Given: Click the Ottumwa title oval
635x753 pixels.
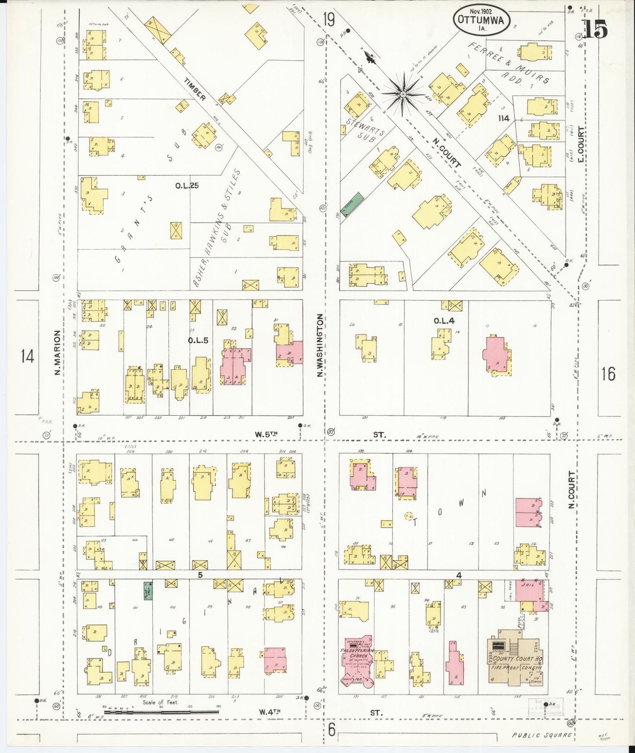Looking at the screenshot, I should pyautogui.click(x=483, y=20).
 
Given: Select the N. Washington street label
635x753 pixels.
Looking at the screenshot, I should pyautogui.click(x=321, y=345).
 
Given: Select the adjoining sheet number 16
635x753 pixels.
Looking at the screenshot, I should pyautogui.click(x=608, y=373).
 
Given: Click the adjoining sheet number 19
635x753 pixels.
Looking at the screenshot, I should pyautogui.click(x=328, y=20).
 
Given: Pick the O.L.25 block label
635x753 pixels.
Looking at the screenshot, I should pyautogui.click(x=187, y=185).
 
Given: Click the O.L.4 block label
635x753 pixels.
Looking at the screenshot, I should pyautogui.click(x=443, y=320).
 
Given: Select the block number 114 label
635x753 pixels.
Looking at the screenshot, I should pyautogui.click(x=503, y=118).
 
